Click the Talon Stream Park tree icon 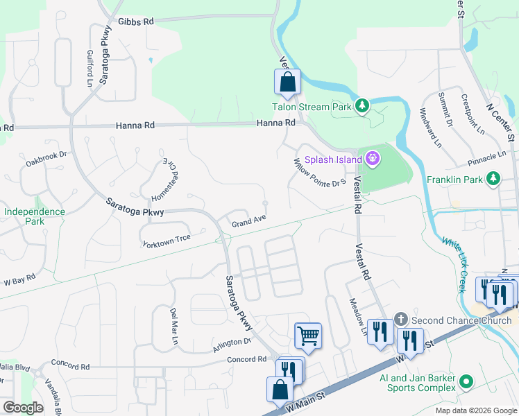(361, 106)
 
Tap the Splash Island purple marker (373, 159)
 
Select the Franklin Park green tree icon (493, 179)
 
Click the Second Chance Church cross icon (401, 320)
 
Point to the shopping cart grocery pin (308, 336)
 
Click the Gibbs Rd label (135, 22)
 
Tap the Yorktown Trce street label (166, 240)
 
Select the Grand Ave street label (249, 222)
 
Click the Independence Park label (34, 216)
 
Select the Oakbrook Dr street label (46, 159)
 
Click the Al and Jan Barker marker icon (466, 382)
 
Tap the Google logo (23, 408)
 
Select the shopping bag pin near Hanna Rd (287, 83)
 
